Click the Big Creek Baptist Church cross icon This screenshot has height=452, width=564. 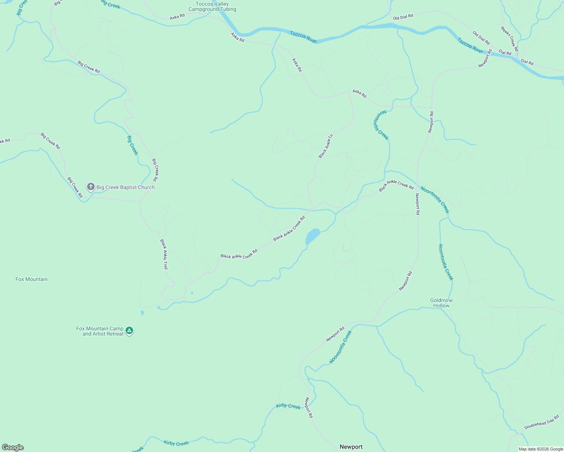pyautogui.click(x=90, y=187)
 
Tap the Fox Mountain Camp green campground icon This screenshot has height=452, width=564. pyautogui.click(x=129, y=331)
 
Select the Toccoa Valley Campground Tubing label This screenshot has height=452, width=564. pyautogui.click(x=212, y=6)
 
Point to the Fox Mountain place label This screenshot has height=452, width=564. pyautogui.click(x=31, y=279)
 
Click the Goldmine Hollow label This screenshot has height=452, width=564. pyautogui.click(x=441, y=303)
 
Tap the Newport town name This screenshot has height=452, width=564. pyautogui.click(x=351, y=447)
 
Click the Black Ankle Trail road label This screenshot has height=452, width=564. pyautogui.click(x=164, y=254)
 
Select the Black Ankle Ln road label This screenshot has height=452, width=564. pyautogui.click(x=326, y=146)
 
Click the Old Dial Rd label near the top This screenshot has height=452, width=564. pyautogui.click(x=403, y=17)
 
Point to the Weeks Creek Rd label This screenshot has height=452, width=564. pyautogui.click(x=509, y=39)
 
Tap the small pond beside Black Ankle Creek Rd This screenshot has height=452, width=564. pyautogui.click(x=313, y=236)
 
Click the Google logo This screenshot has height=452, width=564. pyautogui.click(x=12, y=447)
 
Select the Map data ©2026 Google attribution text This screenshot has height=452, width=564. pyautogui.click(x=541, y=449)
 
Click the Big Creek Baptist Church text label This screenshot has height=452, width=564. pyautogui.click(x=126, y=187)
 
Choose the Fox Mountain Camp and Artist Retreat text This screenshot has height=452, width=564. pyautogui.click(x=100, y=331)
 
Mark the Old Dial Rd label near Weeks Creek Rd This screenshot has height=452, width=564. pyautogui.click(x=481, y=38)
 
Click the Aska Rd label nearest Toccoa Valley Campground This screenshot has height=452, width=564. pyautogui.click(x=177, y=17)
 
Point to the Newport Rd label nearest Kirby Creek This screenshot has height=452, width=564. pyautogui.click(x=309, y=408)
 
